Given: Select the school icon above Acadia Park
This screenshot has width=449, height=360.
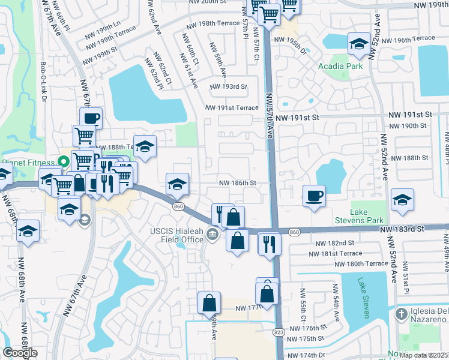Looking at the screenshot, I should click(x=359, y=43).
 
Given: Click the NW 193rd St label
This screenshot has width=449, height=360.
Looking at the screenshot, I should click(x=229, y=87).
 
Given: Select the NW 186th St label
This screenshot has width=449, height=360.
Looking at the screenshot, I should click(x=237, y=182).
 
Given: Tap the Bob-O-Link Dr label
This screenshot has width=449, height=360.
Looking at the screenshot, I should click(x=43, y=76).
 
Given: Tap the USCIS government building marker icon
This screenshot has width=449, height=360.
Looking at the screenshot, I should click(x=212, y=234).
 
